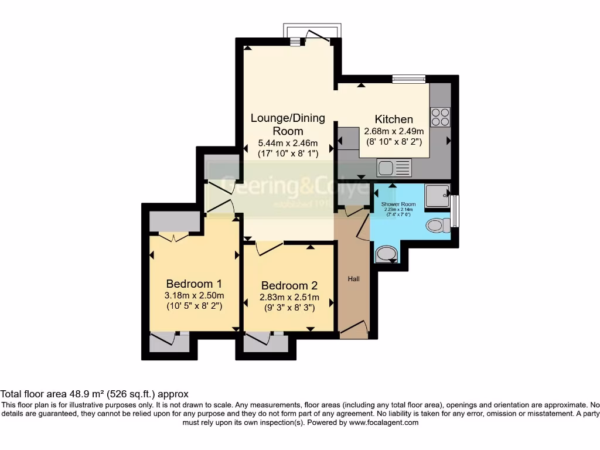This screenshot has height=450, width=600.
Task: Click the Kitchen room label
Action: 394,119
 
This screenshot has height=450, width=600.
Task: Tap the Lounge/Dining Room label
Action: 288,124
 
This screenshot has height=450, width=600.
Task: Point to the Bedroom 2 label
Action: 289,285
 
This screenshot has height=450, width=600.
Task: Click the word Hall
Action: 354,279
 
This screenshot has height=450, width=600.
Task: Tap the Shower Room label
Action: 398,204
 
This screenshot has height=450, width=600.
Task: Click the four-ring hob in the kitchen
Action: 441,117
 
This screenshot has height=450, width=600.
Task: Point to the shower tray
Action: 437,196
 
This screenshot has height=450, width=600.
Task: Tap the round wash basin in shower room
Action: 384,253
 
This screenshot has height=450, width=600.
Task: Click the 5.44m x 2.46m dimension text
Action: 288,143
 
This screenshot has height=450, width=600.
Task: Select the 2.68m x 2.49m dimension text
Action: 394,131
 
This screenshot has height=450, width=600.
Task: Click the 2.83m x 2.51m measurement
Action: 289,297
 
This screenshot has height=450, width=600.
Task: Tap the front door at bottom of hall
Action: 354,329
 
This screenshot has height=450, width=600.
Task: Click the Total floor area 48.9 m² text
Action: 94,394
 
